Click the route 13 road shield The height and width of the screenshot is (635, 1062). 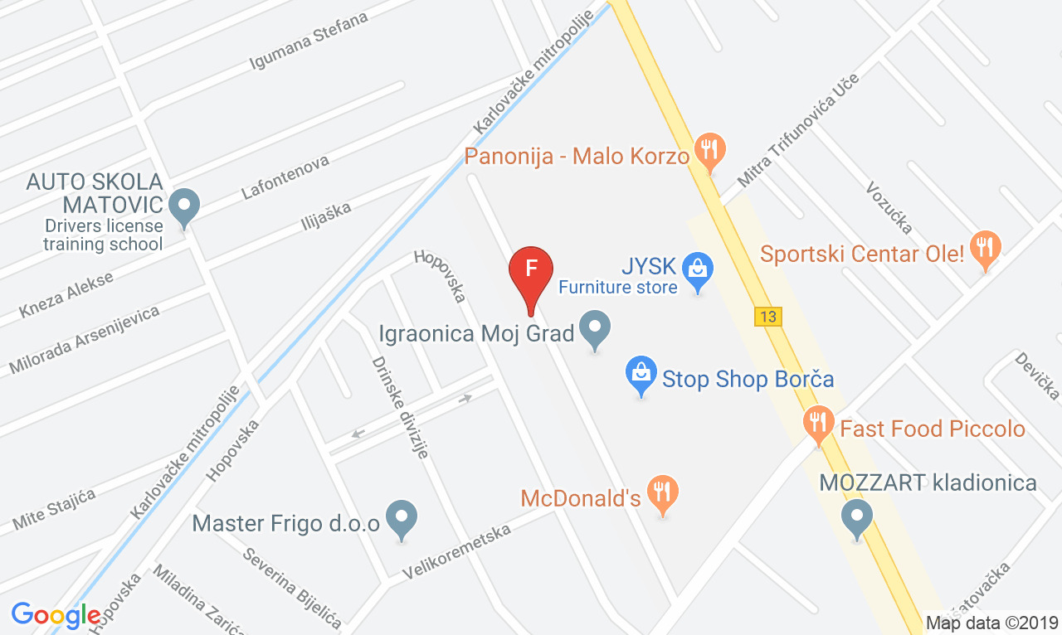click(768, 316)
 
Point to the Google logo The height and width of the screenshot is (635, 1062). click(56, 615)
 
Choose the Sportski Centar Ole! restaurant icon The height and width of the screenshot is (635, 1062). click(985, 247)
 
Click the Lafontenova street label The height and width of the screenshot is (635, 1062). click(285, 176)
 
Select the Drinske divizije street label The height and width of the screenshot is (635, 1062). click(400, 407)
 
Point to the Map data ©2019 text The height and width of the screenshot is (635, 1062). click(991, 623)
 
